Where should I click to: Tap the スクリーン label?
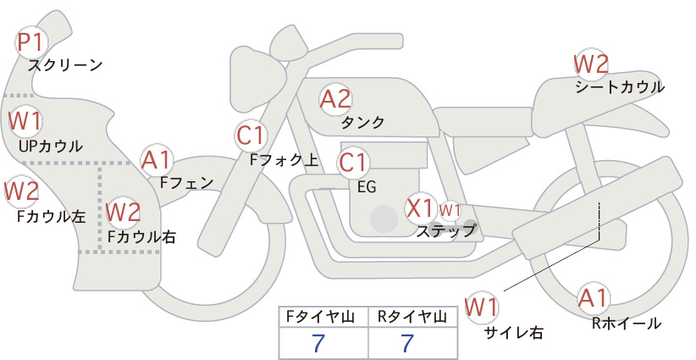(65, 65)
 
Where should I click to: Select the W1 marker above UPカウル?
(25, 121)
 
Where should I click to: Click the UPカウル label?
(51, 146)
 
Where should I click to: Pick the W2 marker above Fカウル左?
(22, 191)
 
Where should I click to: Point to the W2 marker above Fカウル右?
(124, 212)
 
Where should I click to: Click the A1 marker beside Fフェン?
(156, 161)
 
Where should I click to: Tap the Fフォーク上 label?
(284, 160)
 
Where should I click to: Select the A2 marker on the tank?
(335, 99)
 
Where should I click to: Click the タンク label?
(362, 122)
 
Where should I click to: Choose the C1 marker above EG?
(353, 163)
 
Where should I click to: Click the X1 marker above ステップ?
(420, 208)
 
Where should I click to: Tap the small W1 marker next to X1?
(450, 210)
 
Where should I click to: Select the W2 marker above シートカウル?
(591, 64)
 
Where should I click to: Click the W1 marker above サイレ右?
(482, 307)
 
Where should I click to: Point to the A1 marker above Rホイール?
(593, 298)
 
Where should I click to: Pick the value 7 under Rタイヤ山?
(407, 343)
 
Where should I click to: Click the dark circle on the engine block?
(384, 219)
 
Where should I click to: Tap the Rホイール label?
(627, 324)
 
